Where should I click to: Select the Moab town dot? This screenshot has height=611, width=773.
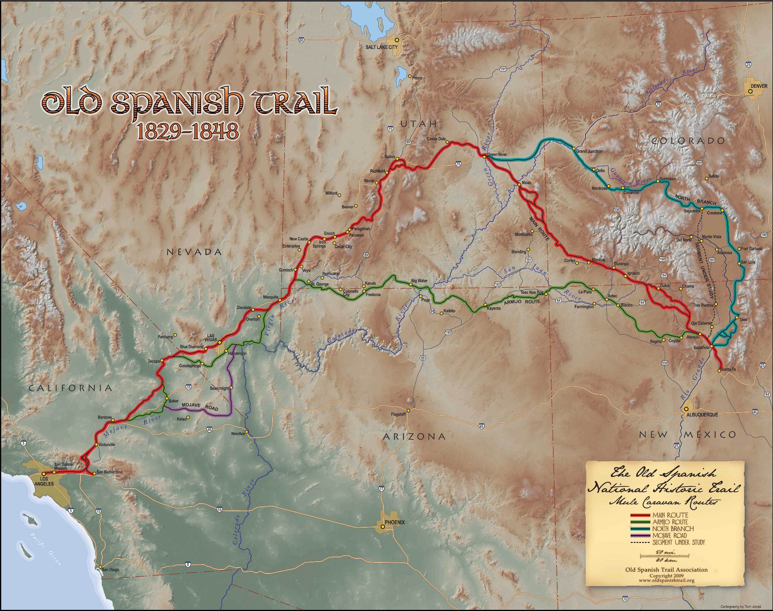point(519,185)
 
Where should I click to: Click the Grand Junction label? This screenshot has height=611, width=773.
point(589,151)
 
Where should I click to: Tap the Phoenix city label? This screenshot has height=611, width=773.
point(395,522)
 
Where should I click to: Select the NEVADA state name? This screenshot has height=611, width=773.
point(195,252)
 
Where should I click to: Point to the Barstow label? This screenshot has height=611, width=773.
point(104,417)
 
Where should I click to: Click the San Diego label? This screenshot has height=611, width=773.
point(110,570)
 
